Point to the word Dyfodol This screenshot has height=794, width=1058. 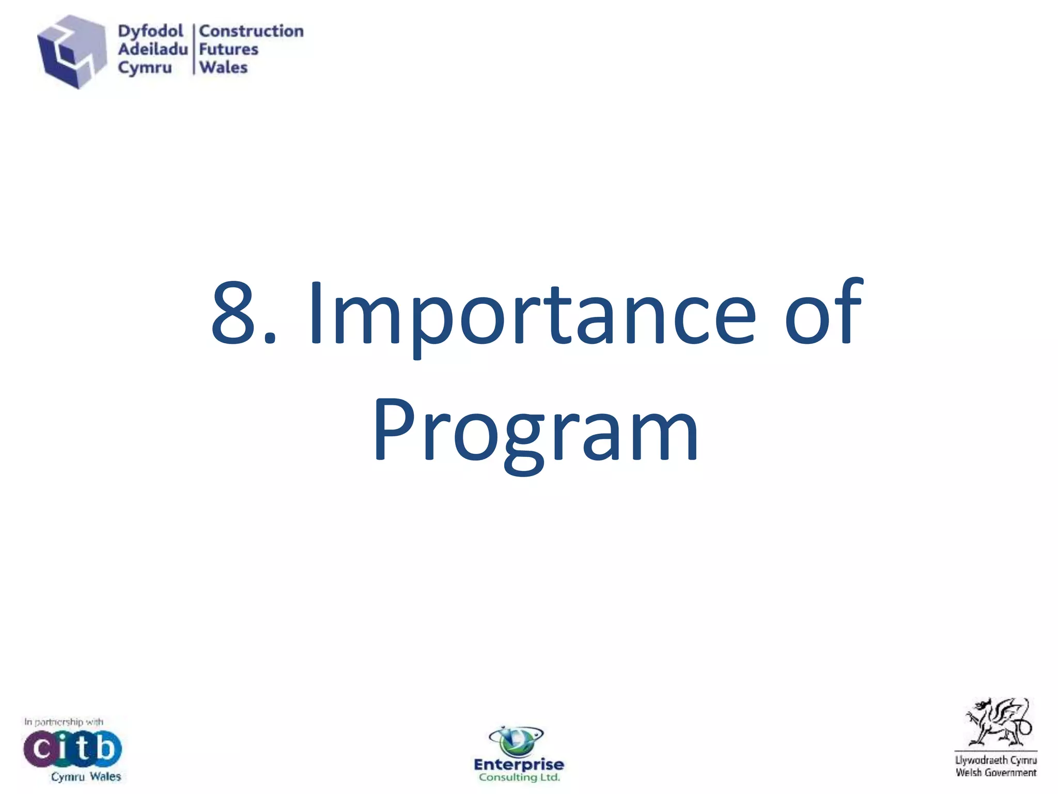(x=150, y=31)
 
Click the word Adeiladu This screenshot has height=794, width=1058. (x=152, y=49)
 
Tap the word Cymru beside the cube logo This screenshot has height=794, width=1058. (x=145, y=68)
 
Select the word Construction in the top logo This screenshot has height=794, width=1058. (x=251, y=31)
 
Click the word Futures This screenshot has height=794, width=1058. (x=228, y=49)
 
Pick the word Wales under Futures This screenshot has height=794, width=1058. (x=223, y=68)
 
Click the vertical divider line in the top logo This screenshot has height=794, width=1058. (x=194, y=49)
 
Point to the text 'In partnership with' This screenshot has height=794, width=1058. (x=64, y=722)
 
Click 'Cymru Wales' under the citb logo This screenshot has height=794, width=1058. (x=86, y=776)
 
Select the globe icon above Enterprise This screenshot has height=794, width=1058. (x=515, y=740)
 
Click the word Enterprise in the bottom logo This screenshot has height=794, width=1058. (x=519, y=764)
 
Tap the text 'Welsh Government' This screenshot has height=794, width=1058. (x=995, y=773)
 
